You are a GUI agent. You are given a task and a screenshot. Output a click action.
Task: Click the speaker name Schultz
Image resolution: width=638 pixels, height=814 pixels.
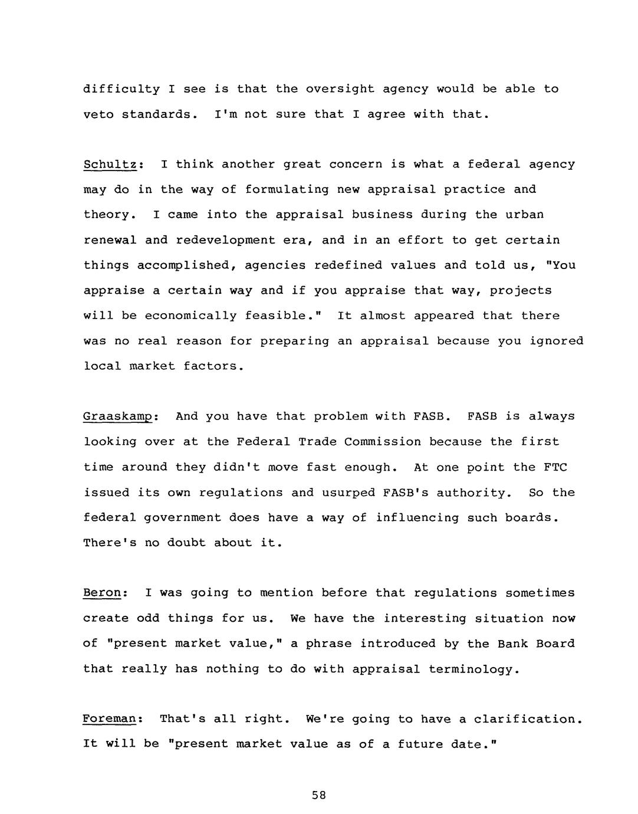110,165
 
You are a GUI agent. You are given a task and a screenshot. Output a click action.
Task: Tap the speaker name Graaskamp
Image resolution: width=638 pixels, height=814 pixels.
118,417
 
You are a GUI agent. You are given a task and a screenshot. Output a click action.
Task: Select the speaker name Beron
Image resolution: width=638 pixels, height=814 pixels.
102,593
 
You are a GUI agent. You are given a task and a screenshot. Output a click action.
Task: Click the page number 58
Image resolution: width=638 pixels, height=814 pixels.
319,795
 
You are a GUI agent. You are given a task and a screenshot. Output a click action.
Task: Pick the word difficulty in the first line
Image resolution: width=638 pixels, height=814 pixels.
121,89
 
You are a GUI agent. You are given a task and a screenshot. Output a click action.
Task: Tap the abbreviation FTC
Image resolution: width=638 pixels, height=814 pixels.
555,468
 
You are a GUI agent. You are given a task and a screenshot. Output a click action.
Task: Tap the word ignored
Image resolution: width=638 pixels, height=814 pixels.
556,341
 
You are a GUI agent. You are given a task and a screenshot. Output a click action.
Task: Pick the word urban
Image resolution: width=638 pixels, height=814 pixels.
524,215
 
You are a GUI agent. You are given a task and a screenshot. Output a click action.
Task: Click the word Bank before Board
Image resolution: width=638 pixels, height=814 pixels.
512,644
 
